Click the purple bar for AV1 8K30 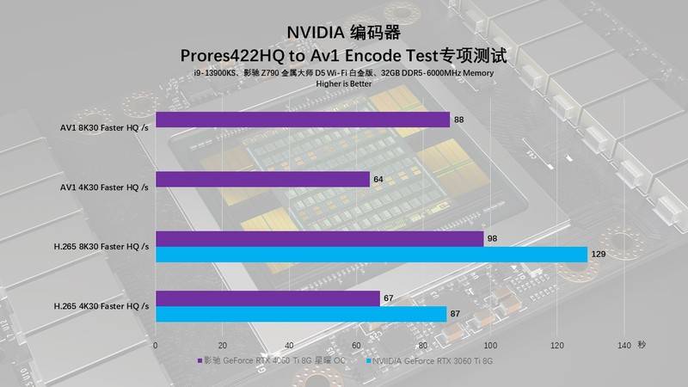[x=303, y=120]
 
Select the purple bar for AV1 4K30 [x=262, y=180]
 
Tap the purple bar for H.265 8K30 [x=319, y=239]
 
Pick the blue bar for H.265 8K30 [x=371, y=255]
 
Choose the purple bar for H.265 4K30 [x=267, y=298]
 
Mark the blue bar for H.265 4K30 [x=301, y=314]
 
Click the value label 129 [x=600, y=255]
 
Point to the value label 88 [x=459, y=120]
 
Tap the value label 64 [x=378, y=180]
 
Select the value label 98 [x=493, y=239]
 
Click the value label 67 [x=389, y=298]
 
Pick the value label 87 [x=456, y=314]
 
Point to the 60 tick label [x=355, y=345]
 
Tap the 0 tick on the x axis [x=156, y=345]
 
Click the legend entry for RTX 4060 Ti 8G [x=275, y=361]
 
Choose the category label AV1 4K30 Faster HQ [x=104, y=187]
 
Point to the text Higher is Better [x=344, y=84]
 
